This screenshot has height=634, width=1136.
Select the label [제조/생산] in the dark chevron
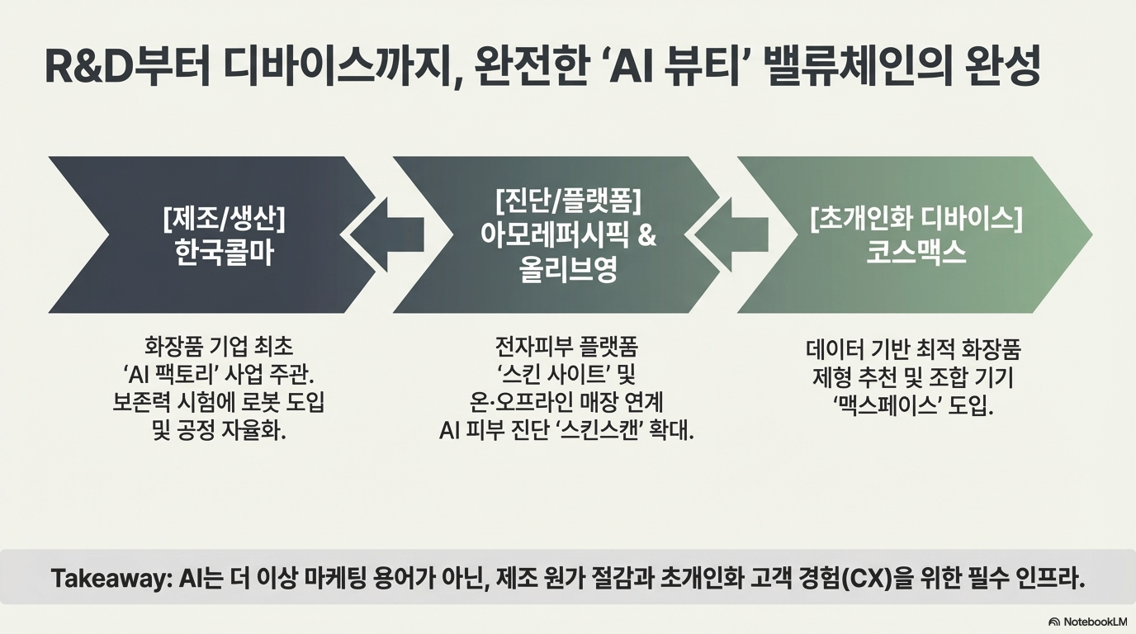point(224,220)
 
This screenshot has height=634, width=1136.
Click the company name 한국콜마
point(224,253)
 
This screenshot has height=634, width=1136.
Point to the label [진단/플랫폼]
point(568,201)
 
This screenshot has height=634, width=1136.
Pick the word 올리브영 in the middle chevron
point(569,271)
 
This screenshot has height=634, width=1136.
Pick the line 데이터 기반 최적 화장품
point(913,350)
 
